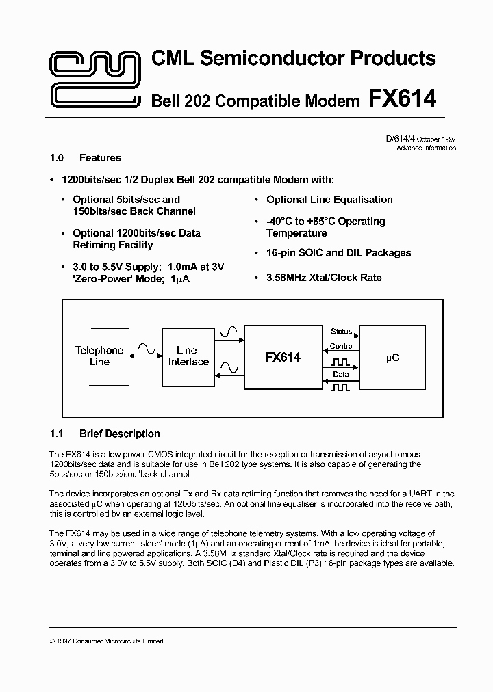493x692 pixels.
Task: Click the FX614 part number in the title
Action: (403, 99)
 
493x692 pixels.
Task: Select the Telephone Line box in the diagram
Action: (99, 356)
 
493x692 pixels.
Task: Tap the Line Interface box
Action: (188, 356)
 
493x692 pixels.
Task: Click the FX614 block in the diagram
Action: (283, 357)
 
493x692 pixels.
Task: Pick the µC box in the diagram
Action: (392, 357)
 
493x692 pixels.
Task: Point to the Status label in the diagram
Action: (341, 332)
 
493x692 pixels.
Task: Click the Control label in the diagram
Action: (341, 347)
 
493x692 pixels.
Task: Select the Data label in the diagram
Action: (341, 375)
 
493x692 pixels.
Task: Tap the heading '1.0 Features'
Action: (86, 158)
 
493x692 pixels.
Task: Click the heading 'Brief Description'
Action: (119, 434)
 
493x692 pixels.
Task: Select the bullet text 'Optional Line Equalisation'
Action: (329, 200)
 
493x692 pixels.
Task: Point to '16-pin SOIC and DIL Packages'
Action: (338, 253)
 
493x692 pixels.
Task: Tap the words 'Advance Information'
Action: (426, 148)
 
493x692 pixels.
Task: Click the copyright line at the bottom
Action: (107, 641)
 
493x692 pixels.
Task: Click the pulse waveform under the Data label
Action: (341, 387)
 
